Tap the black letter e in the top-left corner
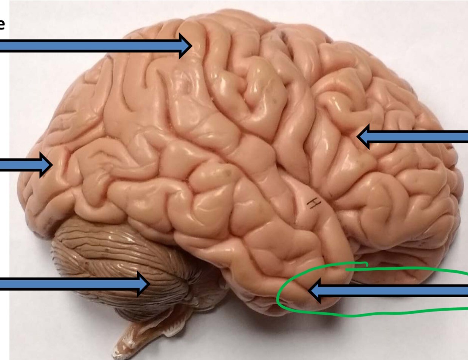2,25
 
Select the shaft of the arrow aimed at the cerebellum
68,284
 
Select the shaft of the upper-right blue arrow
420,137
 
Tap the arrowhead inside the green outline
316,291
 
